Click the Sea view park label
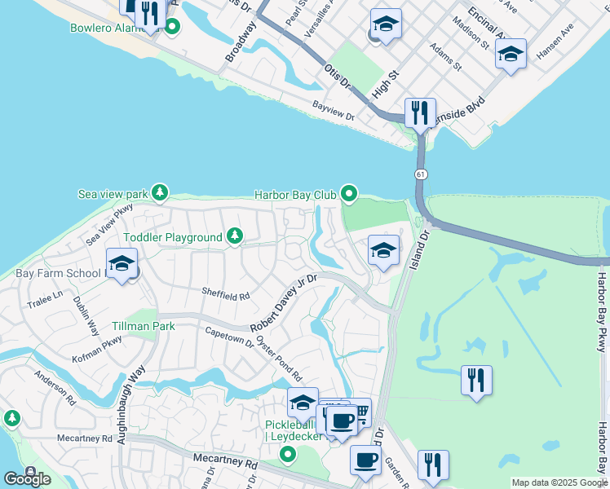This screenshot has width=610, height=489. click(x=113, y=194)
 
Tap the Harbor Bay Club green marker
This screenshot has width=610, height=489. click(x=349, y=194)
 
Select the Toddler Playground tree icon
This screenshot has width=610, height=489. click(x=235, y=236)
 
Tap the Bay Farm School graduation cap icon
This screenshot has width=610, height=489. click(x=122, y=264)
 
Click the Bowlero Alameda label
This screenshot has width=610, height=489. click(x=114, y=27)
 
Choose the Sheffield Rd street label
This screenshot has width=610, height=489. click(x=225, y=295)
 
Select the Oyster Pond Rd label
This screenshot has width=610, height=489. click(x=279, y=359)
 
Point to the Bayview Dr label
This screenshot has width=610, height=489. click(x=333, y=112)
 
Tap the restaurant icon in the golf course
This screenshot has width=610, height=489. click(x=476, y=381)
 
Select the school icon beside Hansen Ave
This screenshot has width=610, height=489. click(x=511, y=54)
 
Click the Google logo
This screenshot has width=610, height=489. click(x=27, y=478)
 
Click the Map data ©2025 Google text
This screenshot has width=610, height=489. click(x=559, y=482)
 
